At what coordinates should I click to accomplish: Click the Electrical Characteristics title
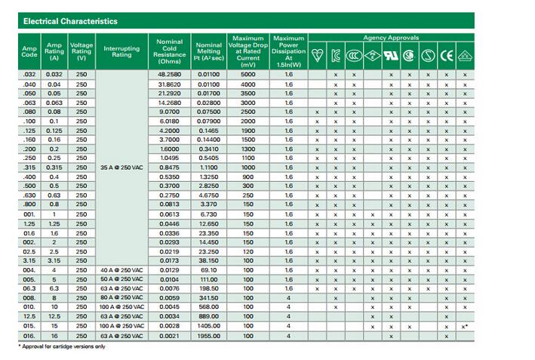[66, 21]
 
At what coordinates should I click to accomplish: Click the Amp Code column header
[29, 50]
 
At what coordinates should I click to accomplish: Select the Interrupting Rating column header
[121, 50]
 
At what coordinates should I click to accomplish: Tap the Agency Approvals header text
[391, 37]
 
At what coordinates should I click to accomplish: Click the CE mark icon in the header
[447, 54]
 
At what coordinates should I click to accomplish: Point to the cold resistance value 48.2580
[168, 74]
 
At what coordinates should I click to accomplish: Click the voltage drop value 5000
[248, 74]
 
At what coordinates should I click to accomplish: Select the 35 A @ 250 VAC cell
[121, 167]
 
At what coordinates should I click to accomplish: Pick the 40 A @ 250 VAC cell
[121, 269]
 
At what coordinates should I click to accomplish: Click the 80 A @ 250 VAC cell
[121, 297]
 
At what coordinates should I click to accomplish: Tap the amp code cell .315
[29, 167]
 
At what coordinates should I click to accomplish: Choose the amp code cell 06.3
[29, 288]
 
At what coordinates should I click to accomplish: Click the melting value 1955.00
[208, 335]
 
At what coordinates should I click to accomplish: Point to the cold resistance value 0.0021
[168, 335]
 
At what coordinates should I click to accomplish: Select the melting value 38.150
[208, 260]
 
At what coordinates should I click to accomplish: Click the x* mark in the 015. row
[465, 326]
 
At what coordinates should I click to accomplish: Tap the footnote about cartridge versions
[62, 346]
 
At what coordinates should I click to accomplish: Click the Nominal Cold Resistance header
[168, 50]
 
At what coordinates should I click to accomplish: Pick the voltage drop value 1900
[248, 130]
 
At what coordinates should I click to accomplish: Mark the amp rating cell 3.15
[54, 260]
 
